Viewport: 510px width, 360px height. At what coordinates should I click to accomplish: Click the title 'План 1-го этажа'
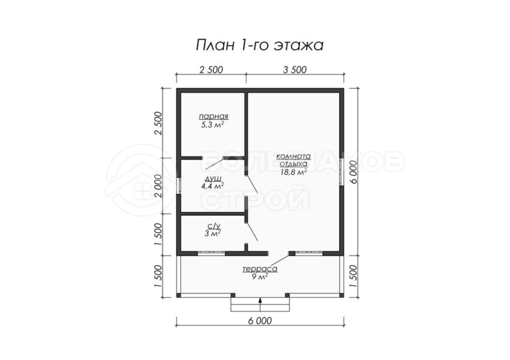[x=260, y=46]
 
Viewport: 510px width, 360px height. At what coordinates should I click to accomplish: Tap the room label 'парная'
[x=214, y=116]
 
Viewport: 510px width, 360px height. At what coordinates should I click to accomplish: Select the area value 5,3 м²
[x=214, y=125]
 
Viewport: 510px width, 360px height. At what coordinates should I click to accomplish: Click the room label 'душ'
[x=214, y=179]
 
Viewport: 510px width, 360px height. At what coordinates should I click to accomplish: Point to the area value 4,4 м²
[x=212, y=187]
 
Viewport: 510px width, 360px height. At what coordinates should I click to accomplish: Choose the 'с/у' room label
[x=214, y=226]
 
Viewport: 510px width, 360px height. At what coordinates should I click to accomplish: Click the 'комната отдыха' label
[x=293, y=160]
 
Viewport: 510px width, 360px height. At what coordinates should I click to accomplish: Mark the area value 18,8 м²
[x=293, y=172]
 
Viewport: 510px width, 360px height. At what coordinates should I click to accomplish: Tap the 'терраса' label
[x=260, y=269]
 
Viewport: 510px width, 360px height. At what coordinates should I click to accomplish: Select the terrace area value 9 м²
[x=260, y=277]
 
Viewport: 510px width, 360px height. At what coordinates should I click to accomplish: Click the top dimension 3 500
[x=295, y=70]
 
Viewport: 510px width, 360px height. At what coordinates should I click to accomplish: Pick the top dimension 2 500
[x=211, y=70]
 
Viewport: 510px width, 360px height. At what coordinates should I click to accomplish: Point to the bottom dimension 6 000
[x=260, y=321]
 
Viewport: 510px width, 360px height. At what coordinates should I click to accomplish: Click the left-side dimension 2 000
[x=158, y=186]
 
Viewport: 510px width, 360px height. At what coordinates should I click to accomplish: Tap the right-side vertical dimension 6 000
[x=354, y=173]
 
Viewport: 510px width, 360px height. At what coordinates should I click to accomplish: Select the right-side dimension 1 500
[x=354, y=277]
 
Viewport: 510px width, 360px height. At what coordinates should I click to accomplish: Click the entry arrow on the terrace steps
[x=260, y=305]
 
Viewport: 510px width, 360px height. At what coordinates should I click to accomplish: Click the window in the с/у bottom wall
[x=211, y=253]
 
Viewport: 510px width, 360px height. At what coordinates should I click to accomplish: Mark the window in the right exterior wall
[x=341, y=172]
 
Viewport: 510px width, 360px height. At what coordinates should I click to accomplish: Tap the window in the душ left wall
[x=179, y=186]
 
